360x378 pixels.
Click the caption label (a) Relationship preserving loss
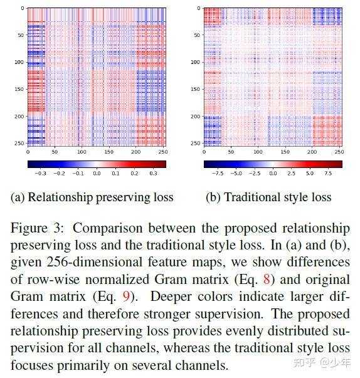pyautogui.click(x=92, y=197)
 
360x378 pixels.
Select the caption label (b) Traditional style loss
pyautogui.click(x=268, y=197)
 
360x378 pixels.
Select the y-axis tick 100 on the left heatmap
pyautogui.click(x=18, y=63)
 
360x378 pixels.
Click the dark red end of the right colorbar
pyautogui.click(x=339, y=164)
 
